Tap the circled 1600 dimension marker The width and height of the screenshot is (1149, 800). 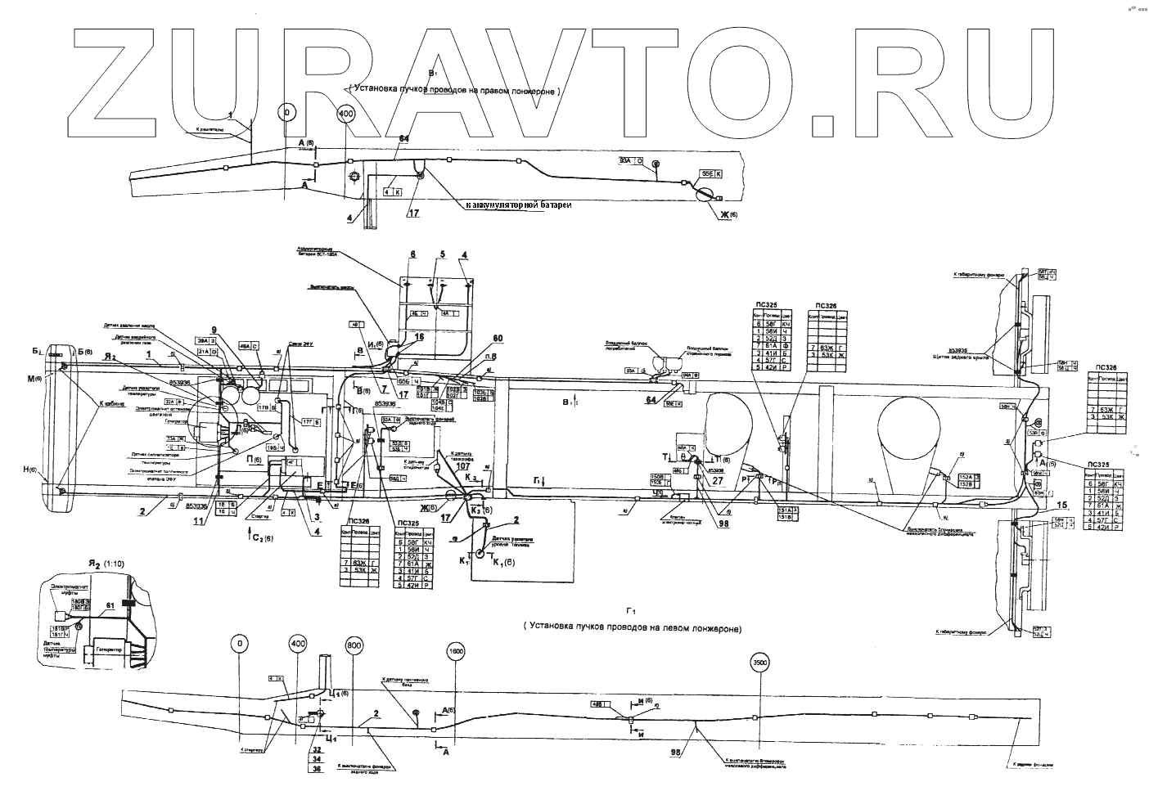pyautogui.click(x=457, y=651)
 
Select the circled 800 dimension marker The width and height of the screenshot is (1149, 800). pyautogui.click(x=354, y=645)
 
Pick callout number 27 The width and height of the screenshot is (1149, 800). pyautogui.click(x=718, y=480)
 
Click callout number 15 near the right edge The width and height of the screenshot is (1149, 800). pyautogui.click(x=1062, y=504)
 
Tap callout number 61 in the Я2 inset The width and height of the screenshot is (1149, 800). pyautogui.click(x=110, y=605)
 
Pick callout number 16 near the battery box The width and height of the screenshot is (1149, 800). pyautogui.click(x=419, y=336)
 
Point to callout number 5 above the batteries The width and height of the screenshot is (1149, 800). pyautogui.click(x=441, y=254)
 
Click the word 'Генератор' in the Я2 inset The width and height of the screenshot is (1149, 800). pyautogui.click(x=107, y=649)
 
